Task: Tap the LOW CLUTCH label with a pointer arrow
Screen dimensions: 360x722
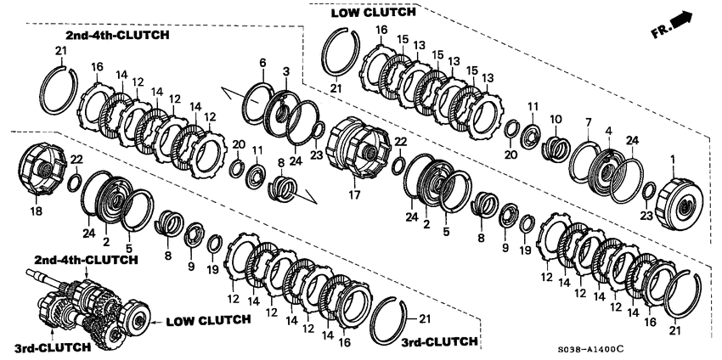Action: (x=208, y=320)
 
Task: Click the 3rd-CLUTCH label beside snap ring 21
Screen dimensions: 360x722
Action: (x=438, y=341)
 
